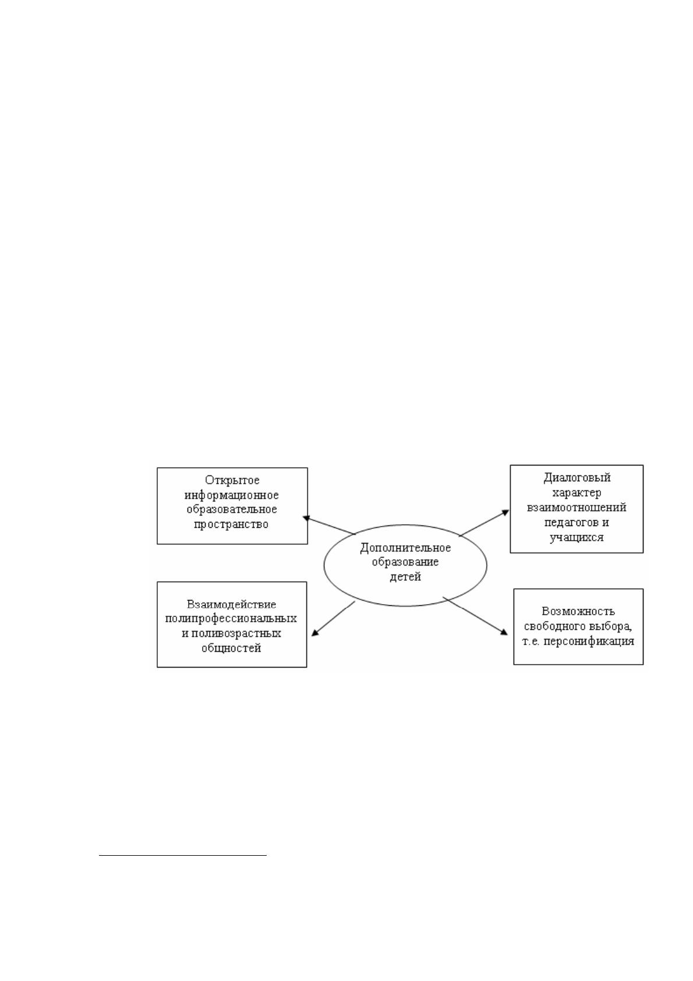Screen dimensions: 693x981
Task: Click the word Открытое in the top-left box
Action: [x=232, y=481]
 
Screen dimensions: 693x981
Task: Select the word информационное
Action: [x=232, y=495]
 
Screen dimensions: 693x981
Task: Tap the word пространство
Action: [x=231, y=524]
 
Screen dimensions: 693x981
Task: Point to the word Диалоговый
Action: [x=577, y=478]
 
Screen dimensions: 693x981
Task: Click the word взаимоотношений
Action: [x=577, y=507]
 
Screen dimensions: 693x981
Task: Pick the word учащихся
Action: [x=577, y=537]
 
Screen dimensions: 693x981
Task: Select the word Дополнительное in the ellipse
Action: [x=405, y=548]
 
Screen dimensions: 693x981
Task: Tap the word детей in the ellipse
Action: [x=405, y=577]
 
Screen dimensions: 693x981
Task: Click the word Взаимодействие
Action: [x=232, y=605]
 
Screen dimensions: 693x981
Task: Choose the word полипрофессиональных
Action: [x=231, y=619]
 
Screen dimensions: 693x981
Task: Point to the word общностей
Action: [x=231, y=648]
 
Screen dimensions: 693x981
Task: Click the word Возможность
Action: [x=578, y=611]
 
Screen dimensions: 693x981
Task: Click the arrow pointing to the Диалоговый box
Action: [x=484, y=523]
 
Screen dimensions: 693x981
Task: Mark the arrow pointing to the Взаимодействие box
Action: [x=333, y=619]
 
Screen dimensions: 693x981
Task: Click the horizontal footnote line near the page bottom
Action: [x=183, y=855]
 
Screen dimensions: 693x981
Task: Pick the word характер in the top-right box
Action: [x=577, y=493]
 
